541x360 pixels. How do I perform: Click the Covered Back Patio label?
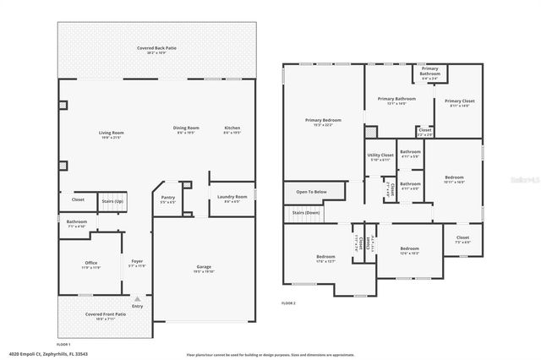point(156,49)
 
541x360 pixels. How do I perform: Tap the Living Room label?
point(112,133)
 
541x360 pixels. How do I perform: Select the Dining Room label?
point(186,128)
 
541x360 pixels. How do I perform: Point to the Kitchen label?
point(232,128)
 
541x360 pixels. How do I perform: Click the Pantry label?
point(168,198)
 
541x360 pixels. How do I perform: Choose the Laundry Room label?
point(232,197)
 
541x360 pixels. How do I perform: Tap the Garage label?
point(205,267)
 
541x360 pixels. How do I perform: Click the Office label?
point(90,263)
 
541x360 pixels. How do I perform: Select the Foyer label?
point(136,262)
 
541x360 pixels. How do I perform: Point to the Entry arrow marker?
point(136,298)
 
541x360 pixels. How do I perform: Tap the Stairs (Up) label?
point(112,202)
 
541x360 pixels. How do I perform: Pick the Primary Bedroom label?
point(323,120)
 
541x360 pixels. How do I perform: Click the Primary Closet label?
point(460,101)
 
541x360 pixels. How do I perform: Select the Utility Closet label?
point(380,155)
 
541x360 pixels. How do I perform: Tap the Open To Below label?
point(311,192)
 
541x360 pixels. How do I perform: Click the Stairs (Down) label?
point(306,212)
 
